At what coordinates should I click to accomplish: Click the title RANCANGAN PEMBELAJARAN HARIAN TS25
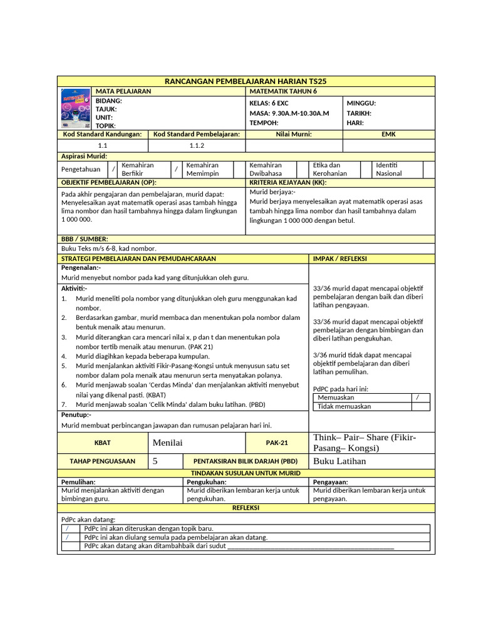click(x=246, y=81)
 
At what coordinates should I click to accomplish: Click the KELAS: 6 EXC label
click(x=269, y=103)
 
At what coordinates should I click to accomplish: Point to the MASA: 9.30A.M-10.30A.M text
click(x=289, y=113)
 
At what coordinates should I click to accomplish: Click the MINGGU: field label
click(x=361, y=103)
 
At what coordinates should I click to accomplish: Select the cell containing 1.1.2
click(x=197, y=145)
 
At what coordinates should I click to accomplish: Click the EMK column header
click(x=388, y=134)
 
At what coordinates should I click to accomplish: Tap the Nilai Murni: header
click(x=294, y=134)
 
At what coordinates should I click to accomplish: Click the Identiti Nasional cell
click(x=390, y=169)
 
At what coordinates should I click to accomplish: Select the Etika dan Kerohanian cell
click(x=330, y=169)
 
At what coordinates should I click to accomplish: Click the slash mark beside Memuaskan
click(x=417, y=397)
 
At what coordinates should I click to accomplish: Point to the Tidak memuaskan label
click(x=344, y=406)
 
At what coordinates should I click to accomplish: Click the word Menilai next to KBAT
click(x=167, y=443)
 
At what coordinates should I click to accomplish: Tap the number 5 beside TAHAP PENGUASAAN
click(x=155, y=461)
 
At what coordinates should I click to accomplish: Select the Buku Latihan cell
click(x=339, y=461)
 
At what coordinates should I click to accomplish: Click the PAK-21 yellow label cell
click(x=277, y=443)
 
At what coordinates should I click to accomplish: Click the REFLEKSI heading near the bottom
click(x=246, y=508)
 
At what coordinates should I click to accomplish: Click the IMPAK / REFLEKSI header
click(x=339, y=259)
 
